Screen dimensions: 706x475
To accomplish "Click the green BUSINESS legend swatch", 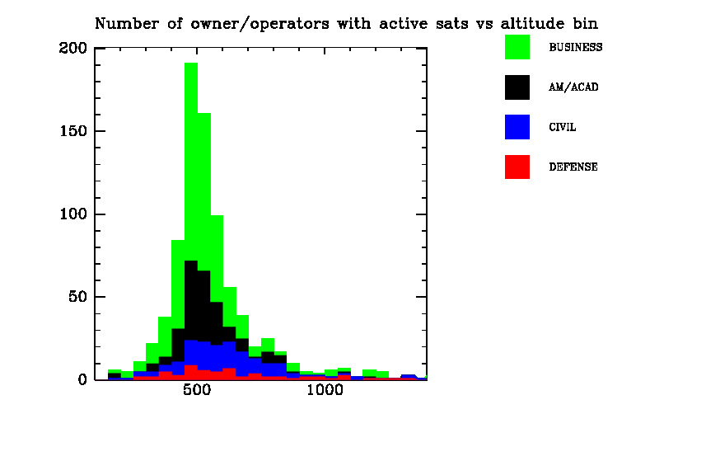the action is pos(517,47).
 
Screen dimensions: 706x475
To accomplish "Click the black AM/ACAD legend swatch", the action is pos(517,87).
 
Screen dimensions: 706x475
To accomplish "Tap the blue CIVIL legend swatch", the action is pos(517,127).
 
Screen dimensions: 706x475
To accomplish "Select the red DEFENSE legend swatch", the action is pos(517,167).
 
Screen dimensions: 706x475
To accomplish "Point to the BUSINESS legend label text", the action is pos(575,47).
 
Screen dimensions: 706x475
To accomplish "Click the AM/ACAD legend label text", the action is pos(573,87).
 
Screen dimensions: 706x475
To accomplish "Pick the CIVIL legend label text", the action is pos(563,127).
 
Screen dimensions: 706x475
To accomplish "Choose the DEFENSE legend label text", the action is pos(573,167).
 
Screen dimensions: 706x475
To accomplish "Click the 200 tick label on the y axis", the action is pos(73,48).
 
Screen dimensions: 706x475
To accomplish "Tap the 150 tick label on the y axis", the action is pos(73,131).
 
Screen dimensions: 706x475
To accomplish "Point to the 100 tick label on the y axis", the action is pos(73,214).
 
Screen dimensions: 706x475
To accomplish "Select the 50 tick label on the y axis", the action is pos(77,297).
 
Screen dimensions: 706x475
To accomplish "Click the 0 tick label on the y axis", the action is pos(82,380).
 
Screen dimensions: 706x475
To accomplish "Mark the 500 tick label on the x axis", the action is pos(197,390).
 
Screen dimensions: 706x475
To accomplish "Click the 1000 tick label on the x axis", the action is pos(325,390).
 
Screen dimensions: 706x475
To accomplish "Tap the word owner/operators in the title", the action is pos(259,24).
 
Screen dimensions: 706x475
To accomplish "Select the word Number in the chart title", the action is pos(127,23).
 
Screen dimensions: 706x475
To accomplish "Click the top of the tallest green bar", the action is pos(191,63).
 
